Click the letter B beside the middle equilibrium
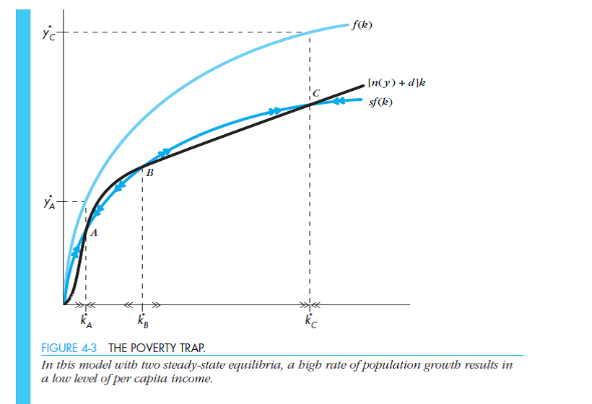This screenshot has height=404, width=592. point(149,173)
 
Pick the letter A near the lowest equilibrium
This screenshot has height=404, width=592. point(94,232)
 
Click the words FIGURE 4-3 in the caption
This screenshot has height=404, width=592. point(69,347)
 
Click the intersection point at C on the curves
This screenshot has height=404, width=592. point(310,105)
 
